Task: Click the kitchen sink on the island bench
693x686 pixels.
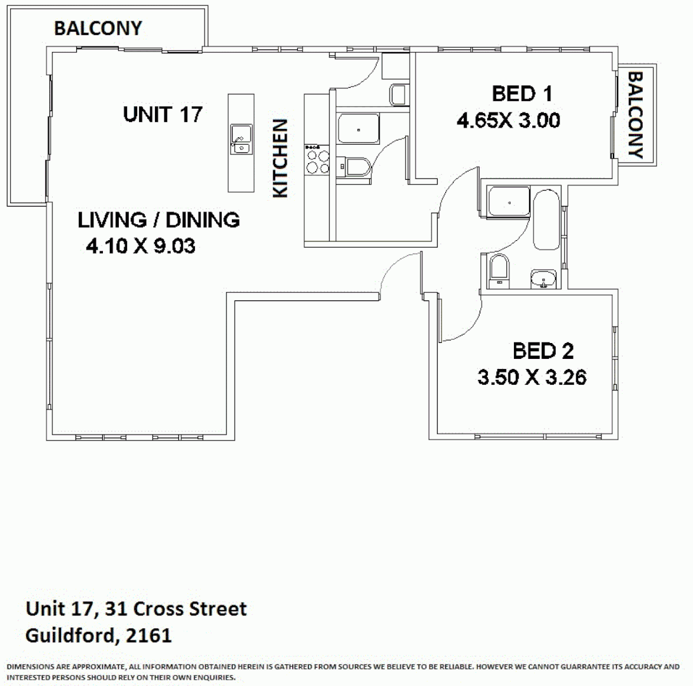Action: pos(241,139)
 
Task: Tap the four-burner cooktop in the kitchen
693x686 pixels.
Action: pos(317,160)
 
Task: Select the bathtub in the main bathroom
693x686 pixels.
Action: pos(546,220)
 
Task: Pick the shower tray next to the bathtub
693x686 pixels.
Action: pos(508,201)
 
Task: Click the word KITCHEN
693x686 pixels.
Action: pos(280,158)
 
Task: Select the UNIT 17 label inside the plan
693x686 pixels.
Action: pos(163,114)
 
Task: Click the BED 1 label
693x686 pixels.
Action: pos(522,94)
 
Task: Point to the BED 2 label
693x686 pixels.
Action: pos(543,351)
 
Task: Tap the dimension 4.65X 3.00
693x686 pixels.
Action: pos(508,120)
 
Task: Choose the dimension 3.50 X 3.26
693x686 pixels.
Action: pos(532,377)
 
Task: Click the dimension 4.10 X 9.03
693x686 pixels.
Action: pos(140,246)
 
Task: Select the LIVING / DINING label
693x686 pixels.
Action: pos(159,220)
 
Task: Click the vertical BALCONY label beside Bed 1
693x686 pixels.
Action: pos(635,115)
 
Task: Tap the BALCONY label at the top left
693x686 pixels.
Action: pos(98,29)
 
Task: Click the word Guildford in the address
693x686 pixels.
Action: pos(72,636)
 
